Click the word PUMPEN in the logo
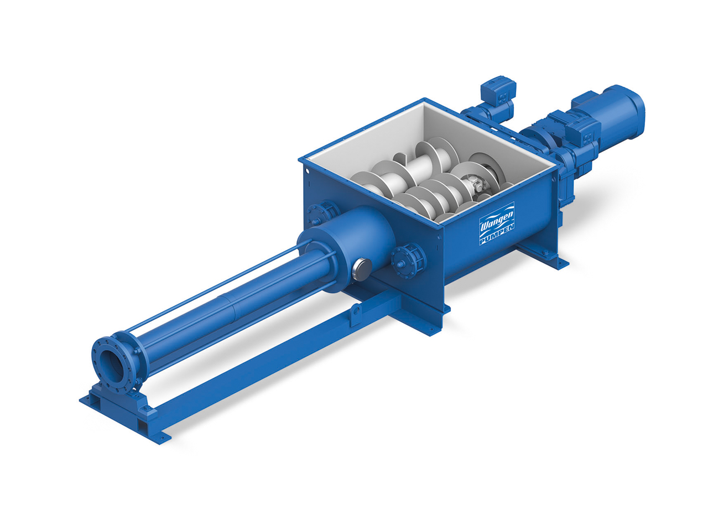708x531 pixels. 497,237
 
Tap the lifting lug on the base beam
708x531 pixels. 356,310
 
